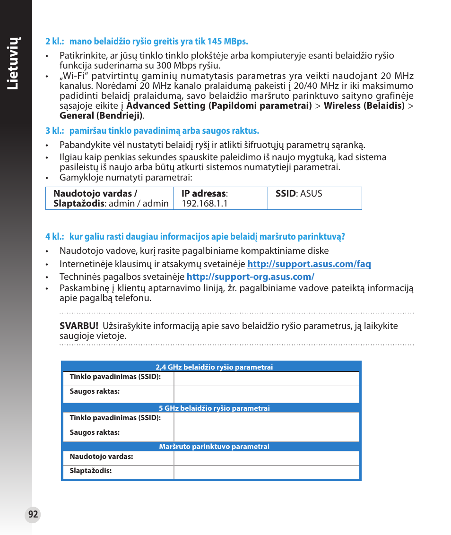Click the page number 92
33,515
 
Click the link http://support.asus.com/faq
309,264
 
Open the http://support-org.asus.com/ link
250,276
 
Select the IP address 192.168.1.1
205,203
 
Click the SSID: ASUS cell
299,193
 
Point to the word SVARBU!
79,326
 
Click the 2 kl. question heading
147,42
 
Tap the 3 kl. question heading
152,131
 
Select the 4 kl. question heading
195,236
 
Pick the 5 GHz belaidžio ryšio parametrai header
214,408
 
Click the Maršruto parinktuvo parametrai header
214,447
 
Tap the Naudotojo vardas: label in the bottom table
101,457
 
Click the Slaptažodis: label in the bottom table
91,471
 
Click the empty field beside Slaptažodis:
266,472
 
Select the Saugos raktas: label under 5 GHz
95,432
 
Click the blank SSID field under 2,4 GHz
266,379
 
